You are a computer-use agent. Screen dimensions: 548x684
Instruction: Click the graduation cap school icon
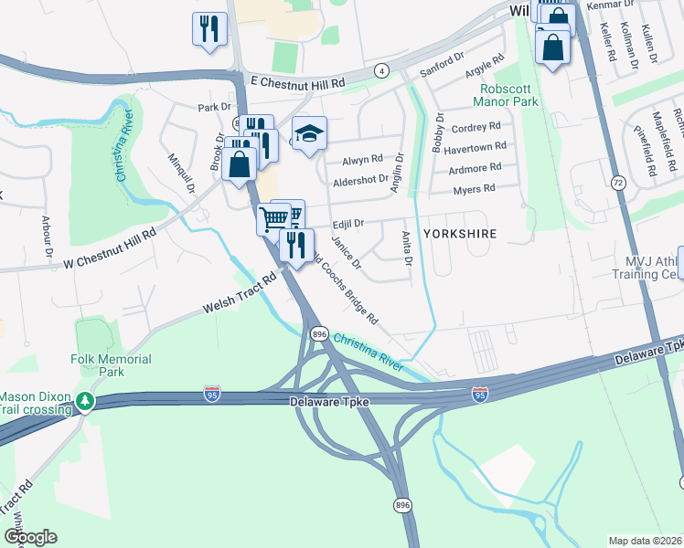point(310,134)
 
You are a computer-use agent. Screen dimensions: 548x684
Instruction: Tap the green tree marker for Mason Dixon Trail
point(84,401)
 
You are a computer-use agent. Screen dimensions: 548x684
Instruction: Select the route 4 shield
point(380,70)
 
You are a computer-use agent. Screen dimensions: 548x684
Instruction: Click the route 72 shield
point(618,183)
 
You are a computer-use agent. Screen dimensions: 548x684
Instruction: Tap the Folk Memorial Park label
point(111,366)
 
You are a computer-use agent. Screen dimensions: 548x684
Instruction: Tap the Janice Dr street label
point(346,253)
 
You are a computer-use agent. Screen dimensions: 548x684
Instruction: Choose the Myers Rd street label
point(474,189)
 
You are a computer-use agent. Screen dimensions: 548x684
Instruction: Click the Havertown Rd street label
point(476,147)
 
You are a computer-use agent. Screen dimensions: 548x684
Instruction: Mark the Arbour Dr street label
point(47,236)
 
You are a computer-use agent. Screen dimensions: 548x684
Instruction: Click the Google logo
point(30,537)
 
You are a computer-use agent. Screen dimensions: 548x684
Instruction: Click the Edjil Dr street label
point(348,223)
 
